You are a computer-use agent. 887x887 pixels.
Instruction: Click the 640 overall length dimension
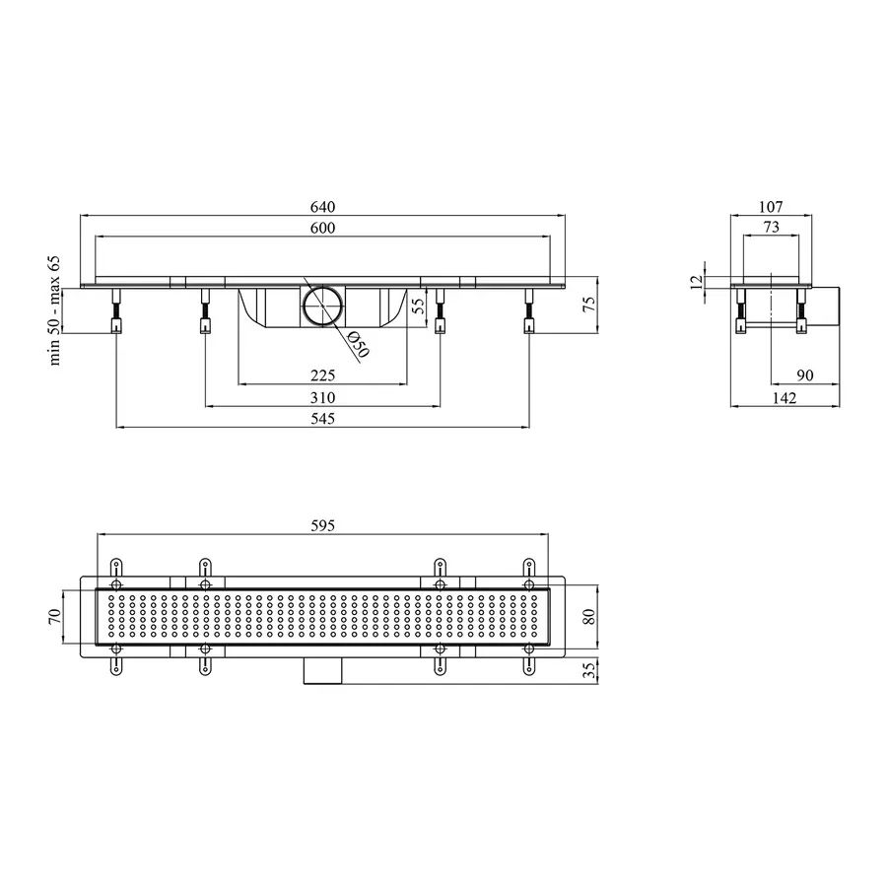coord(322,207)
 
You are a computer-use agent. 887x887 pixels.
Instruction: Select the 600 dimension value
coord(322,228)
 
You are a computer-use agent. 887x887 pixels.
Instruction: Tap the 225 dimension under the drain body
coord(322,375)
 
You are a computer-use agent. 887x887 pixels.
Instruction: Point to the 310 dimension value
coord(322,398)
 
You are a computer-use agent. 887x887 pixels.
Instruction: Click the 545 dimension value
coord(322,419)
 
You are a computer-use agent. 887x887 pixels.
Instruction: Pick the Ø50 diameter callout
coord(358,345)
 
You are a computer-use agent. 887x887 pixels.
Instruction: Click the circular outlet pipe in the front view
coord(323,306)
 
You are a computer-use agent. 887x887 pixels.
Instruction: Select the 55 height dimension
coord(418,307)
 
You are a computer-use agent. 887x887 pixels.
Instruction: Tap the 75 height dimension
coord(589,305)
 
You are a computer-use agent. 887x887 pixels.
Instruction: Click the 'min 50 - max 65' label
coord(55,310)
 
